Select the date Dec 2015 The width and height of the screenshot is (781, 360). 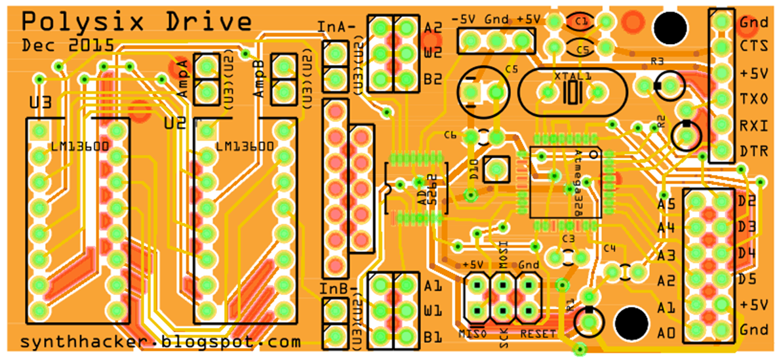coord(66,46)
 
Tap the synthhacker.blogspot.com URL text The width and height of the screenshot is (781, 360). coord(161,342)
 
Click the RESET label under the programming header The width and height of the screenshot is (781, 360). coord(538,334)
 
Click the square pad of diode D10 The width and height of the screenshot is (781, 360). coord(496,169)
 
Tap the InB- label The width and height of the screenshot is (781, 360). coord(337,289)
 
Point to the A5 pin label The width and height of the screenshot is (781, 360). coord(666,204)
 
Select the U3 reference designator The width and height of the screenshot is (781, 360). coord(41,102)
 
